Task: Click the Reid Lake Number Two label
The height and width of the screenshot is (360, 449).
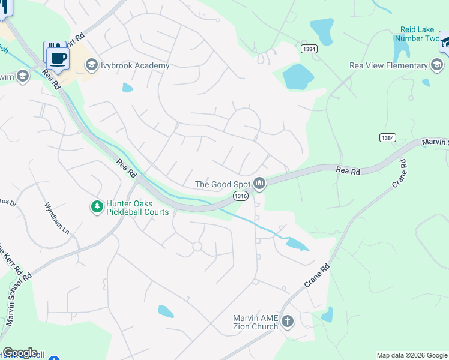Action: tap(420, 34)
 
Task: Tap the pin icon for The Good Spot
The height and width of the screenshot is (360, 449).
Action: tap(259, 184)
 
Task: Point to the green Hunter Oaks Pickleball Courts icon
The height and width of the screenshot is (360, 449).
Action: tap(96, 207)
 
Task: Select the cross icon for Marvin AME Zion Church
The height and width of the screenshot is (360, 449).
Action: tap(288, 322)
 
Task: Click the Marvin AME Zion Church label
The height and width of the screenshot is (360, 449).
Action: tap(255, 322)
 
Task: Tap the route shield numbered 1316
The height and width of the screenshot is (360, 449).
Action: tap(240, 197)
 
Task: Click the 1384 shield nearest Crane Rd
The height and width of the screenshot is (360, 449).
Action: tap(387, 138)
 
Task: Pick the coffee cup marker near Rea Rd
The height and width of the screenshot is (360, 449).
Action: tap(58, 59)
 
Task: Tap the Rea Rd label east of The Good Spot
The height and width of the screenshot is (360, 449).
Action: tap(348, 171)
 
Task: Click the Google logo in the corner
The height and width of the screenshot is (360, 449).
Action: tap(20, 353)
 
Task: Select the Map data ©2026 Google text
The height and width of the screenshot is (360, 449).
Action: tap(412, 355)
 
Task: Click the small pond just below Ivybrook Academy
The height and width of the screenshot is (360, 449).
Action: tap(127, 88)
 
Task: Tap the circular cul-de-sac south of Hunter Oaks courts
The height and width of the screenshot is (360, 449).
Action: tap(196, 246)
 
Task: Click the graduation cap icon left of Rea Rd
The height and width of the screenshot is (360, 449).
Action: tap(23, 76)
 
